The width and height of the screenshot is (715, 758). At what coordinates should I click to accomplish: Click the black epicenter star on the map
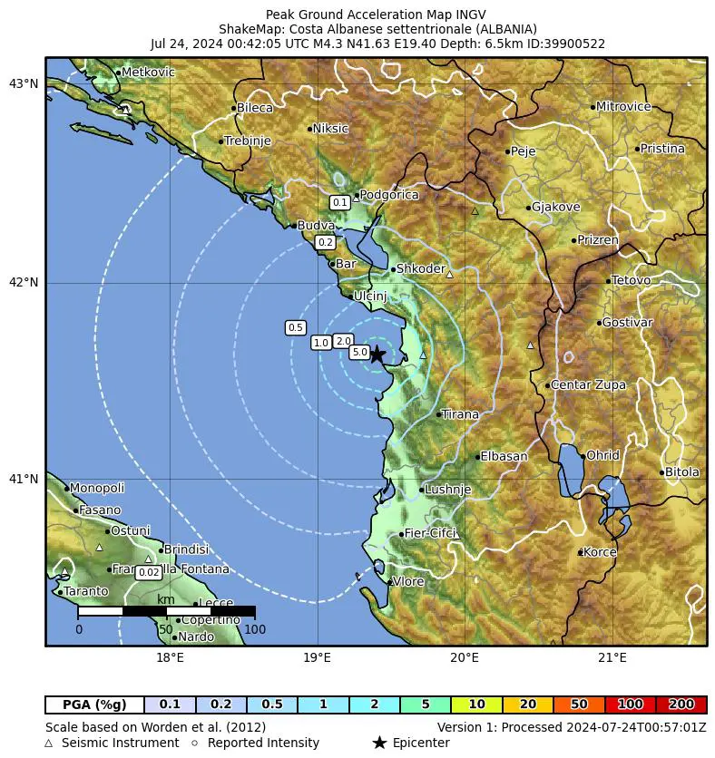(x=377, y=355)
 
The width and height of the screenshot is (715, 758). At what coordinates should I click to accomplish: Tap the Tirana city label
(x=460, y=414)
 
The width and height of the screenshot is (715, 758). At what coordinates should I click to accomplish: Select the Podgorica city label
(x=389, y=195)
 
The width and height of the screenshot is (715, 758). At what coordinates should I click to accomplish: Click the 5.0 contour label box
(x=359, y=352)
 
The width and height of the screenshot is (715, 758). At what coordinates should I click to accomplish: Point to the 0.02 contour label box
(x=148, y=572)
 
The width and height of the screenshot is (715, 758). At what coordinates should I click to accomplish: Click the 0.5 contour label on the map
(x=295, y=327)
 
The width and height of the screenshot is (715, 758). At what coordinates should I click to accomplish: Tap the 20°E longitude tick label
(x=465, y=657)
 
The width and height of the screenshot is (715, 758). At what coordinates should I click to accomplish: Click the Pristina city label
(x=662, y=149)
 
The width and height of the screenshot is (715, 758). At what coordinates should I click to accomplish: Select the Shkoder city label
(x=421, y=269)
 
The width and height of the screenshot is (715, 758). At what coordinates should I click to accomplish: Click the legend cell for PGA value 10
(x=475, y=705)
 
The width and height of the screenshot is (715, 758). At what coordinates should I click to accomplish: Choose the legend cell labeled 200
(x=681, y=705)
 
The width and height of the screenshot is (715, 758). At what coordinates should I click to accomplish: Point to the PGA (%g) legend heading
(x=94, y=705)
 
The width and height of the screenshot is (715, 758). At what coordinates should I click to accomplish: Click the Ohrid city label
(x=602, y=456)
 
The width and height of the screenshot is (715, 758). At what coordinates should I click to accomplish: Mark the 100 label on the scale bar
(x=255, y=629)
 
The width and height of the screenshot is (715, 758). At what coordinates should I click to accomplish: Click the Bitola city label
(x=682, y=472)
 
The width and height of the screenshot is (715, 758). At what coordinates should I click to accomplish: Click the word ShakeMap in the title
(x=249, y=29)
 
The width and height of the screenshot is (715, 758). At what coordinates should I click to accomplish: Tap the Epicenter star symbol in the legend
(x=379, y=743)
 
